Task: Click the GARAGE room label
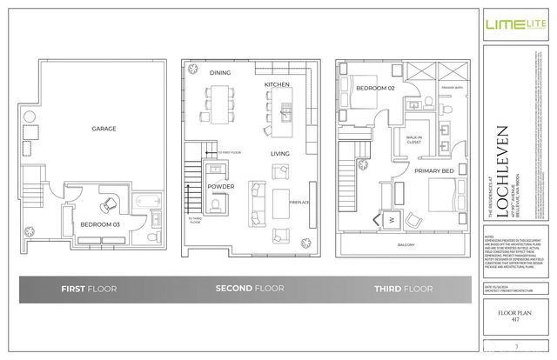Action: (104, 129)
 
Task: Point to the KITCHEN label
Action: (277, 84)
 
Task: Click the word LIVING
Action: (278, 153)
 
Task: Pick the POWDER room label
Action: (219, 186)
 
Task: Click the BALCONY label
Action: (406, 244)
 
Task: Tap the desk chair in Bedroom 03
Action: (107, 204)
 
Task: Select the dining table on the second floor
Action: (219, 102)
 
